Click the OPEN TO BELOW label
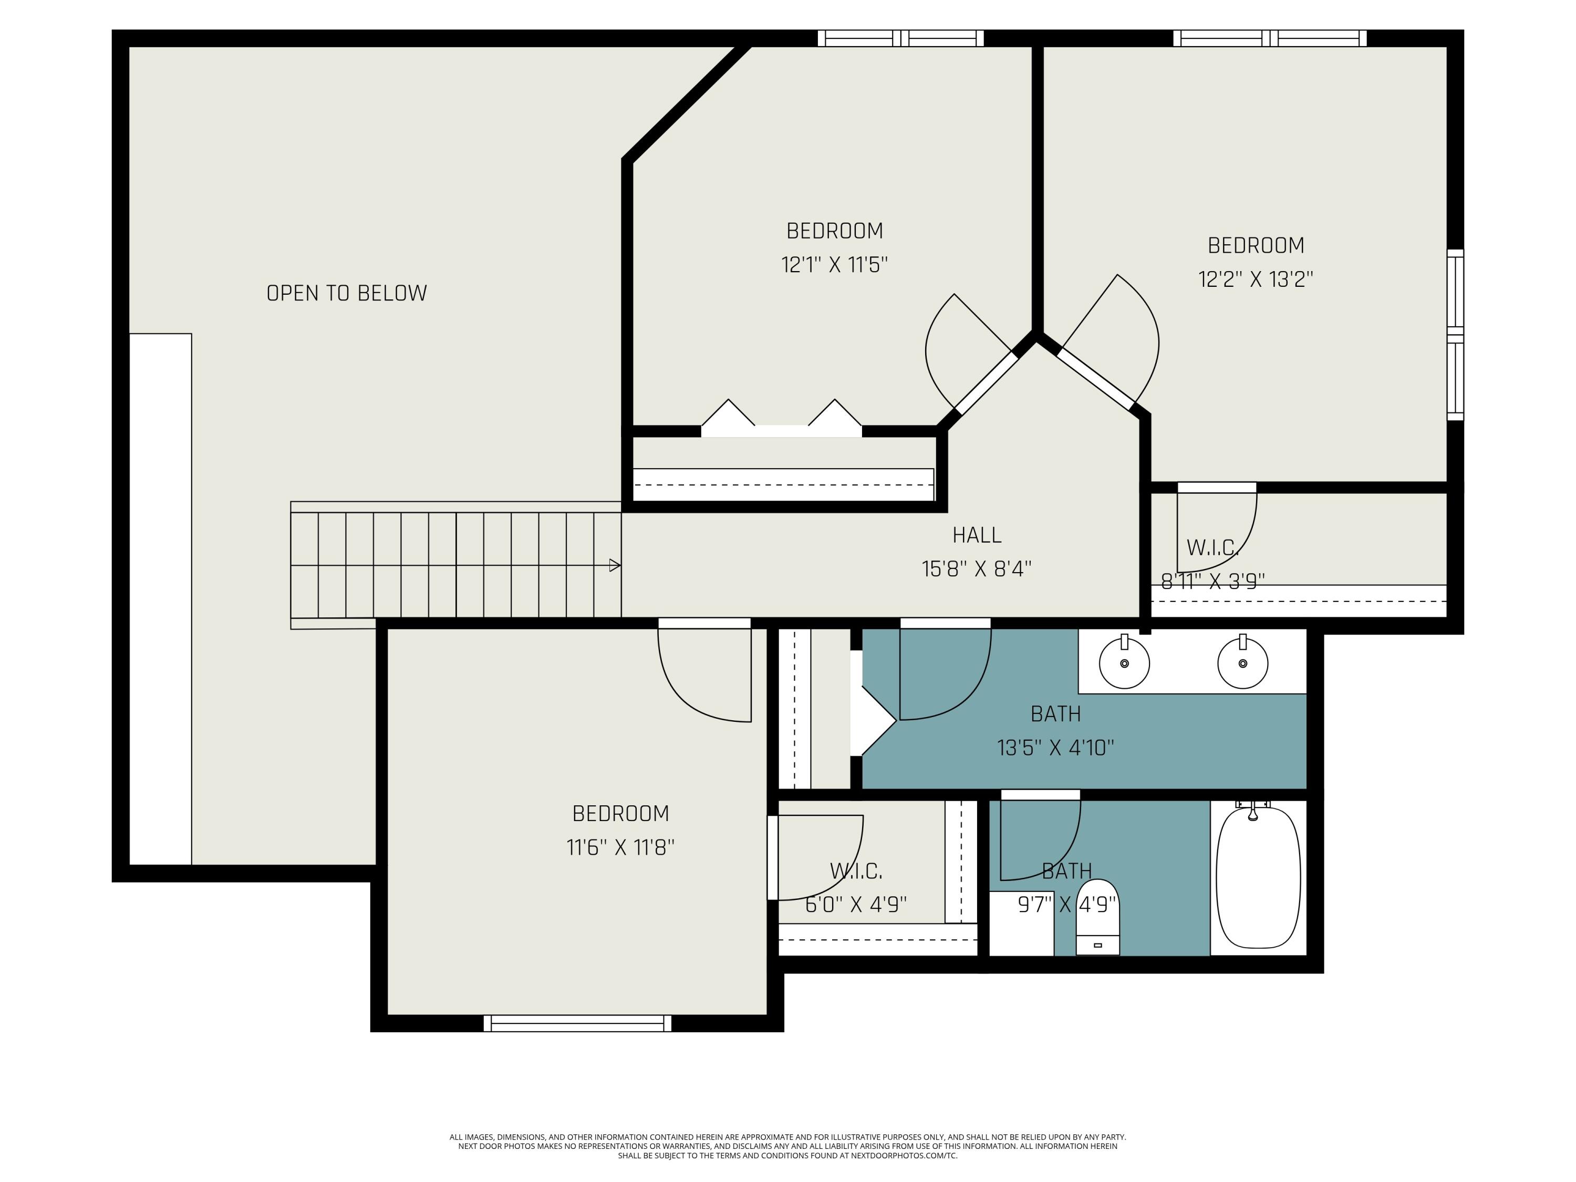(x=346, y=293)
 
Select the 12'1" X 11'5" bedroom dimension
(x=834, y=265)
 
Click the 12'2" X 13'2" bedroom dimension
(x=1256, y=279)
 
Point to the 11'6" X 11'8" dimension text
(x=620, y=847)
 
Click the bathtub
(x=1258, y=878)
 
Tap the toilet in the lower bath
(x=1097, y=917)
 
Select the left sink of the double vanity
(x=1124, y=661)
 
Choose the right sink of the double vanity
(x=1242, y=661)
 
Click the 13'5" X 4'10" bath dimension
(x=1055, y=748)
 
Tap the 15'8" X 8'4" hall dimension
(x=977, y=568)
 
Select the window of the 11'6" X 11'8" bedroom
(x=577, y=1023)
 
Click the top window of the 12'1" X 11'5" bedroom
(x=900, y=38)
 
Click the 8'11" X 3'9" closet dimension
(x=1212, y=582)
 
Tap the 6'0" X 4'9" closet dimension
(x=856, y=904)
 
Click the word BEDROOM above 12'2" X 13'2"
(x=1256, y=245)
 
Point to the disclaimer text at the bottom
(x=787, y=1146)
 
